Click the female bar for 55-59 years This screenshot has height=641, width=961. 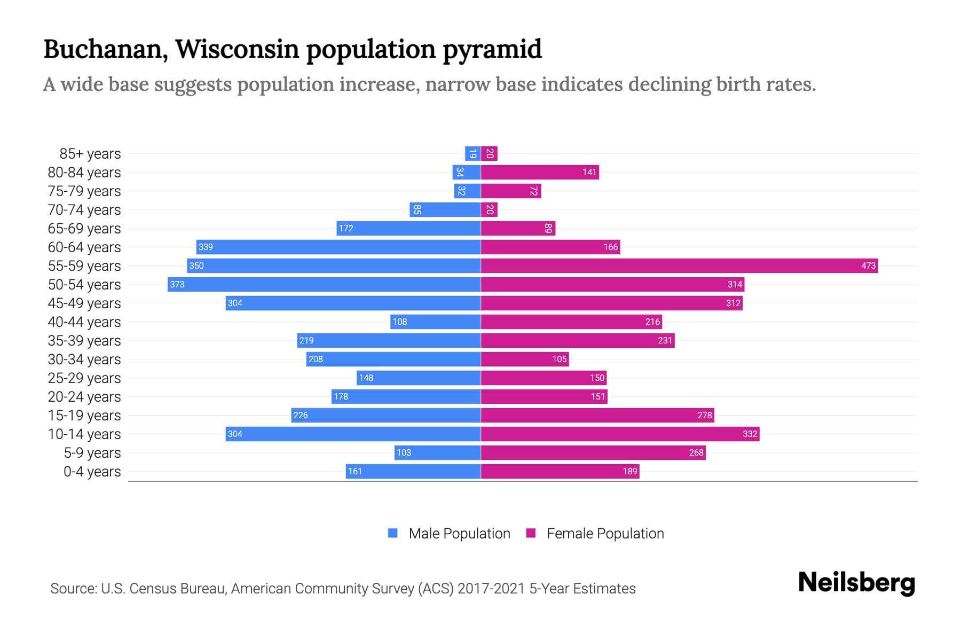click(679, 265)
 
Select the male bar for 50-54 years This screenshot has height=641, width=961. click(324, 284)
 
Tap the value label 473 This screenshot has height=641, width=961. click(868, 265)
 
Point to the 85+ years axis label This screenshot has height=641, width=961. click(90, 154)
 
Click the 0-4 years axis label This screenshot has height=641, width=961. click(92, 472)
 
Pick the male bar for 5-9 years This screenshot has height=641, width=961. click(437, 452)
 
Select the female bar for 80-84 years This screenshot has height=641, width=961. click(539, 172)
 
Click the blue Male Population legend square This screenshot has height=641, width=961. click(393, 533)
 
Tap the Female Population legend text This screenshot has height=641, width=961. click(605, 534)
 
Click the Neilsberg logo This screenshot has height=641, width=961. click(856, 583)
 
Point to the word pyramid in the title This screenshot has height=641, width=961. click(492, 49)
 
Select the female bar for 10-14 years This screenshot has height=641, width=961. click(620, 434)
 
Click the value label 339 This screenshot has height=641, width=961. click(206, 247)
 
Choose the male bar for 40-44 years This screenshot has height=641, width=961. click(435, 322)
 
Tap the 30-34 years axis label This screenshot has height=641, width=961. click(84, 359)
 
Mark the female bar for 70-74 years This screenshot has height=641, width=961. click(489, 209)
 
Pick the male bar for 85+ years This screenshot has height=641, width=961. click(472, 154)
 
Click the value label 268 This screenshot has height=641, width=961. click(696, 452)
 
